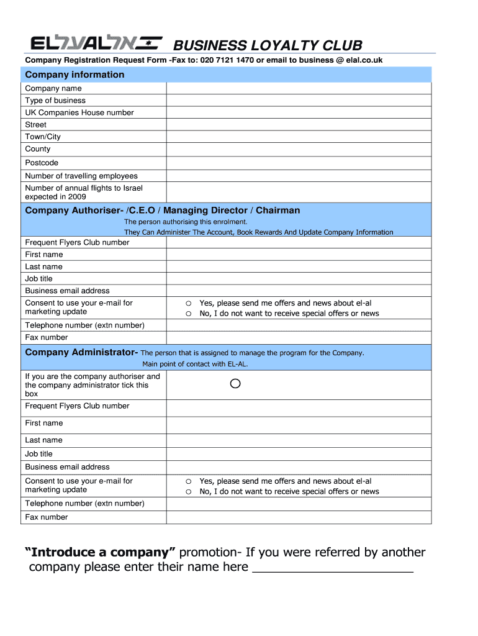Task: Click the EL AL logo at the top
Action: (x=97, y=43)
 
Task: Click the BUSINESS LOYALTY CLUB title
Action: (x=267, y=45)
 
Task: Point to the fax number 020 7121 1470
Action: (x=227, y=60)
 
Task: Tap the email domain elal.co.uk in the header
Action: (x=364, y=60)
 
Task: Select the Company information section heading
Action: (x=74, y=75)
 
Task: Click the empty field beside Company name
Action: (x=298, y=88)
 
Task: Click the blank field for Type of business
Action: (x=298, y=101)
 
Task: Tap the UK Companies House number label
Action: (x=79, y=112)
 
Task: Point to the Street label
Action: (x=36, y=125)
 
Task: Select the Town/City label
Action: (x=43, y=137)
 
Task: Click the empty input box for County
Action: (x=298, y=149)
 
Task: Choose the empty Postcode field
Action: (x=298, y=163)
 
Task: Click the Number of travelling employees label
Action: (x=81, y=176)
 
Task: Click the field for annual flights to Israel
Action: (x=298, y=192)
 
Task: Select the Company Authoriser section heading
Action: (x=162, y=211)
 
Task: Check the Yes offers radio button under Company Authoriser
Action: (x=187, y=304)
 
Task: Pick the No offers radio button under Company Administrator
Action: (x=187, y=492)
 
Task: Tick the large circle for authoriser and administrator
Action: (x=235, y=384)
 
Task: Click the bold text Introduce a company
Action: (x=101, y=552)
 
